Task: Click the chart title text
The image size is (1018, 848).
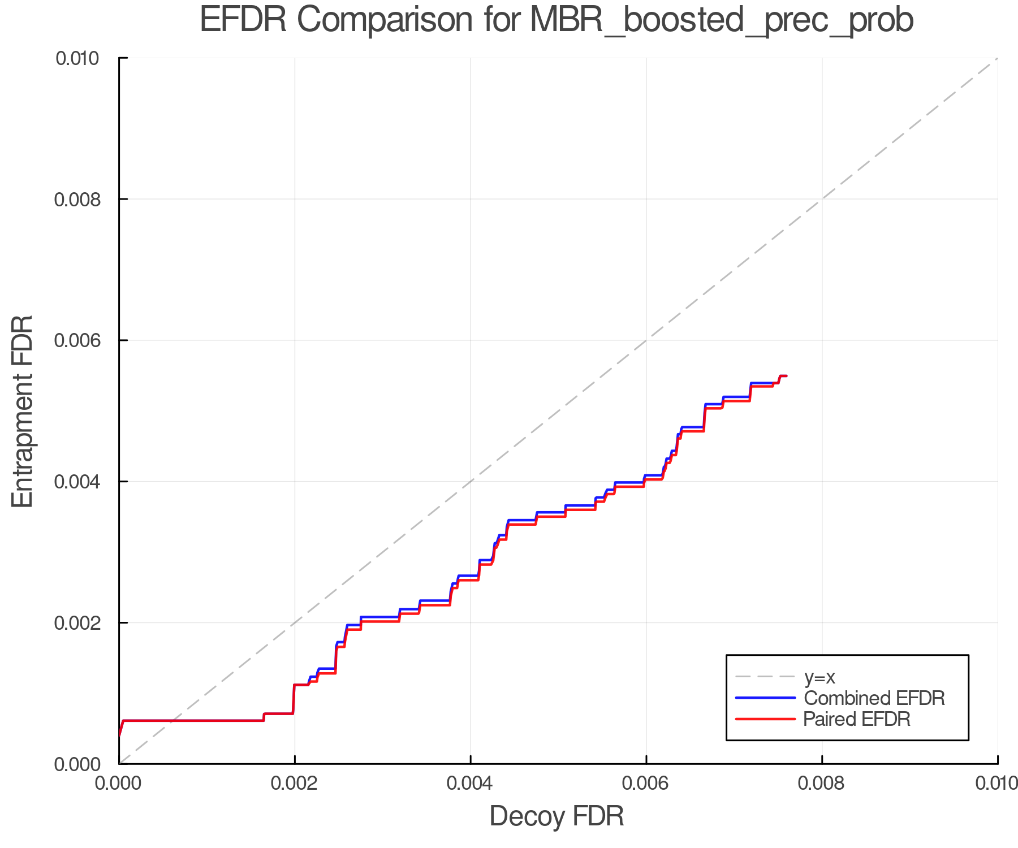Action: click(x=557, y=20)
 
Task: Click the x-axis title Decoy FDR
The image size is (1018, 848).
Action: click(x=557, y=816)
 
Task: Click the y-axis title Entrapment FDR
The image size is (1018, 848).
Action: click(x=23, y=411)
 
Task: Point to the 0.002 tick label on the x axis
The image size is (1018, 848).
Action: click(x=294, y=784)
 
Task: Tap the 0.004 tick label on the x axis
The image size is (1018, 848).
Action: click(x=470, y=784)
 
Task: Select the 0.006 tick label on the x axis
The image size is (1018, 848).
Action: click(x=646, y=784)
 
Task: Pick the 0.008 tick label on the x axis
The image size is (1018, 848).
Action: click(x=822, y=784)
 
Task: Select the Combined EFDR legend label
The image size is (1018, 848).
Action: click(x=874, y=698)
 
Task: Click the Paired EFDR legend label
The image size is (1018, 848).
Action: click(x=857, y=719)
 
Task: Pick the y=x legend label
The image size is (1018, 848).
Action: click(x=819, y=677)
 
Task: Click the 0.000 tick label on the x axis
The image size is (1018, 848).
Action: click(x=119, y=784)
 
